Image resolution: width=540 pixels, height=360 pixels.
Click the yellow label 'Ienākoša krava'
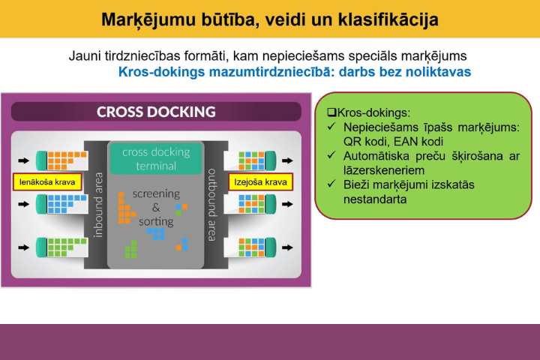[x=47, y=182]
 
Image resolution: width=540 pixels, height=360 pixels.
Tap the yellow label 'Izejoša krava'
[x=261, y=182]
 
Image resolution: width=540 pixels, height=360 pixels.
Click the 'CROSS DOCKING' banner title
[x=156, y=112]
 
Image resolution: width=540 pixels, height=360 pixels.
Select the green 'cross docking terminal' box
[x=156, y=158]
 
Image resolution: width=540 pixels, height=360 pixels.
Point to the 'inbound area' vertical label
[x=98, y=205]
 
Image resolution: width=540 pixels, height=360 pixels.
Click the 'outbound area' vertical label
[x=211, y=205]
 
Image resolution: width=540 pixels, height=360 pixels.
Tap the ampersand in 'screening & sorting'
[x=156, y=208]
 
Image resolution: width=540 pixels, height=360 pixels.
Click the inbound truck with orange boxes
[x=62, y=160]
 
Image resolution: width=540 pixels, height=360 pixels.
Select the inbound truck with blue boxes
[x=62, y=204]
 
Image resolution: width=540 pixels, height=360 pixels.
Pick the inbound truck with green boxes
[x=62, y=247]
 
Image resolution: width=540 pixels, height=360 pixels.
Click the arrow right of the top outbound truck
[x=287, y=160]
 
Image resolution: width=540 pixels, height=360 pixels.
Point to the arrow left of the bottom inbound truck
[x=24, y=247]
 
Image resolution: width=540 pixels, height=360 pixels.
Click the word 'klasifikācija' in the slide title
[x=388, y=19]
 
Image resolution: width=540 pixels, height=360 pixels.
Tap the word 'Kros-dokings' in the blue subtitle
[x=162, y=72]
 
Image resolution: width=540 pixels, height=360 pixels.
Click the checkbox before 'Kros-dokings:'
[x=331, y=112]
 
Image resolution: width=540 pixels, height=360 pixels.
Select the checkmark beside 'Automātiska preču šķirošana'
[x=331, y=155]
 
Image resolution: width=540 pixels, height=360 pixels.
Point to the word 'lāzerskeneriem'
[x=384, y=170]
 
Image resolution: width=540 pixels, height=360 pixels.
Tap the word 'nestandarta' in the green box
[x=375, y=199]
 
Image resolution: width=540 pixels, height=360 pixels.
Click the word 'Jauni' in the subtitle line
[x=84, y=55]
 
